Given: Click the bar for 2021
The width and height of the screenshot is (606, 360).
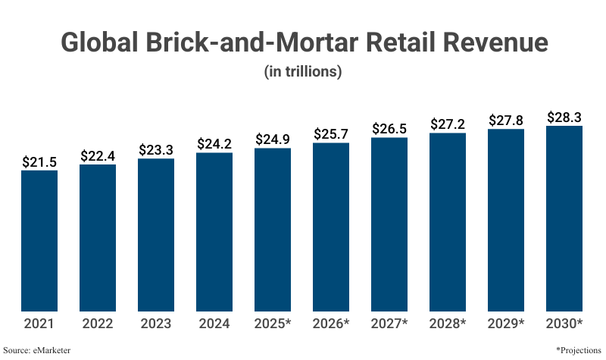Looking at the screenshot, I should coord(39,240).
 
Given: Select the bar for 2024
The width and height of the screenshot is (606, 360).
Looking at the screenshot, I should coord(214,232).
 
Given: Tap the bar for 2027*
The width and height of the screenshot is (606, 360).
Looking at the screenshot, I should coord(389,224).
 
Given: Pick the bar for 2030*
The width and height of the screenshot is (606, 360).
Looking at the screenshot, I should coord(564,218).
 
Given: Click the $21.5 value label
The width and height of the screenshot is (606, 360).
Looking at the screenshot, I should coord(39,161).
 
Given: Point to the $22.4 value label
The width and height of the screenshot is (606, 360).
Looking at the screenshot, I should coord(98,155).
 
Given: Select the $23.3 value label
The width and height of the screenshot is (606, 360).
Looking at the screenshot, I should coord(156,149).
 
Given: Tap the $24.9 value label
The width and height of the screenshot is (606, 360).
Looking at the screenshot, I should coord(273,139).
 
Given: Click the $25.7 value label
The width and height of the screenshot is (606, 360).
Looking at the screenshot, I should coord(331,133).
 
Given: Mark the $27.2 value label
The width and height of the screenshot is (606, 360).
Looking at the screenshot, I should coord(448,124).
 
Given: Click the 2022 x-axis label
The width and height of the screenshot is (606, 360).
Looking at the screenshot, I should coord(98,324).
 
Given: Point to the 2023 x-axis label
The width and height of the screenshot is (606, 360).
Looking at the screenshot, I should coord(156,324).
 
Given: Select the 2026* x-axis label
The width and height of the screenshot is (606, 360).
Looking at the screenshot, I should coord(331,324).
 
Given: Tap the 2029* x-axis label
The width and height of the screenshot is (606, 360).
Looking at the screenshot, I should coord(506,324).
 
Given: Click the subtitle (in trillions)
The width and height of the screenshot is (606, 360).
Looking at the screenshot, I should coord(303,72).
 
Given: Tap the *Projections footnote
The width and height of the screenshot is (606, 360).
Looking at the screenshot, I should coord(578,350).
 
